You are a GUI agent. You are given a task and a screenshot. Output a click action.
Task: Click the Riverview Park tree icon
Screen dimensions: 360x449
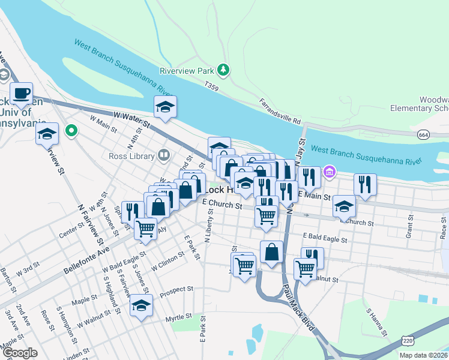pyautogui.click(x=223, y=70)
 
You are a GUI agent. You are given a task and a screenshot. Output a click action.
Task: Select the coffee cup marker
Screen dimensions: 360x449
pyautogui.click(x=21, y=95)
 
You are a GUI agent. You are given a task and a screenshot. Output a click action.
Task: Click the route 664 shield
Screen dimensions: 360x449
pyautogui.click(x=424, y=135)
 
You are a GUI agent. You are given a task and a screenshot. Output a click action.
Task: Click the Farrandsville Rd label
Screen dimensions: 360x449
pyautogui.click(x=280, y=112)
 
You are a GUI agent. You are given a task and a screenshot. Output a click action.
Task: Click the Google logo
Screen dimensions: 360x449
pyautogui.click(x=20, y=352)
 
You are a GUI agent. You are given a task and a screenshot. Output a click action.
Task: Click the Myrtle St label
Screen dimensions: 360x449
pyautogui.click(x=179, y=316)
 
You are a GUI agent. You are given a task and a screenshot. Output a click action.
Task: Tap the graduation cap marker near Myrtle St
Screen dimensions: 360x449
pyautogui.click(x=141, y=305)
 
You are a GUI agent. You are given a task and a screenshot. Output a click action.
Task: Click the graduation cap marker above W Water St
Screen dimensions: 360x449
pyautogui.click(x=166, y=107)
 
